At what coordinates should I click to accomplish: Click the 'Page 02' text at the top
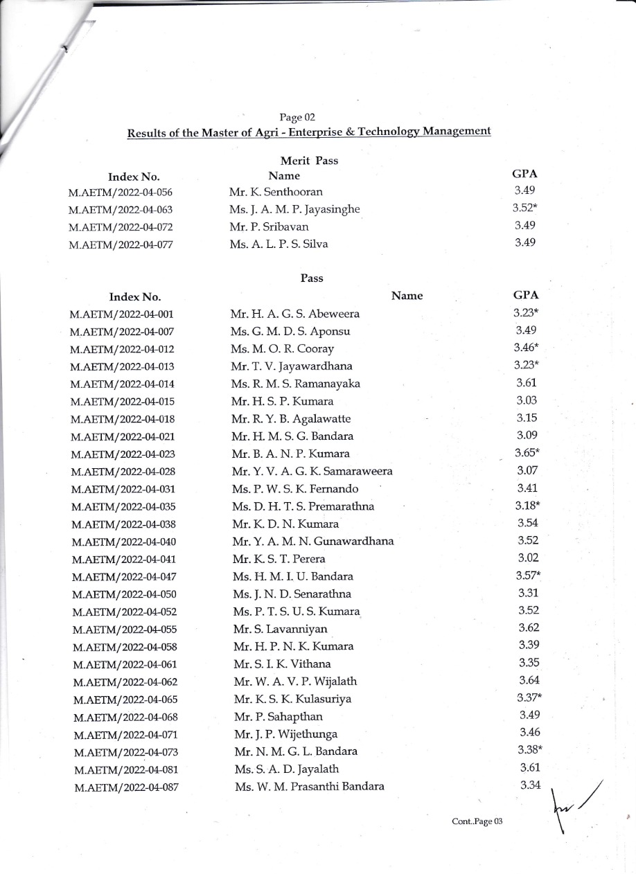pyautogui.click(x=298, y=116)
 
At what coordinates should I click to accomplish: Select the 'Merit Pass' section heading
pyautogui.click(x=310, y=161)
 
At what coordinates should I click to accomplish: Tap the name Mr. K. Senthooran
pyautogui.click(x=276, y=192)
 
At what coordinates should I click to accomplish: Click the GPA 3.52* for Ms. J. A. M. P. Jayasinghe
pyautogui.click(x=526, y=208)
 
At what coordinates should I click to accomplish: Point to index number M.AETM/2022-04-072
pyautogui.click(x=121, y=227)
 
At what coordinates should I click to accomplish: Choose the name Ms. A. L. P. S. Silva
pyautogui.click(x=279, y=244)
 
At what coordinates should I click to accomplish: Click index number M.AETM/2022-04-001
pyautogui.click(x=121, y=314)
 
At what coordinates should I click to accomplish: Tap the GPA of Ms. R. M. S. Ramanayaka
pyautogui.click(x=527, y=383)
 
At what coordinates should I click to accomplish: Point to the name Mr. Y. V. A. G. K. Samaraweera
pyautogui.click(x=312, y=472)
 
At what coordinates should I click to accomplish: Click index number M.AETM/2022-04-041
pyautogui.click(x=122, y=559)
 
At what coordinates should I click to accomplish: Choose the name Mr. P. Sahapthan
pyautogui.click(x=279, y=716)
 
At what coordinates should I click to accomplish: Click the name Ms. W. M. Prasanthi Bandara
pyautogui.click(x=309, y=786)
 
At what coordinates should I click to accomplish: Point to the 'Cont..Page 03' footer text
pyautogui.click(x=476, y=821)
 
